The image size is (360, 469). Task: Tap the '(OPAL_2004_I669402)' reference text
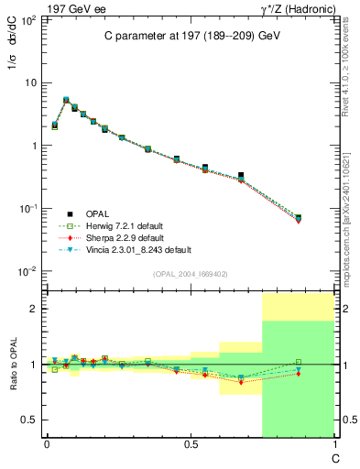click(x=191, y=273)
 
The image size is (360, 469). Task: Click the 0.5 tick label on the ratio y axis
click(x=30, y=420)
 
